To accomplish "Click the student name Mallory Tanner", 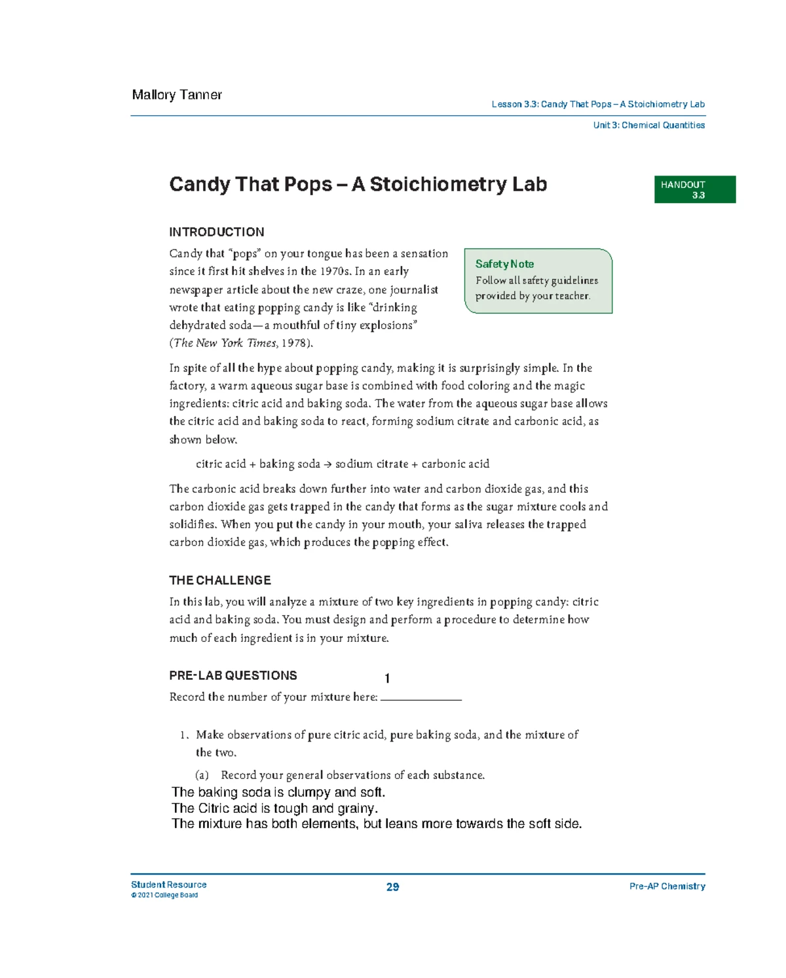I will point(177,95).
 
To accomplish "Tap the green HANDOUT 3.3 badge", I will point(694,189).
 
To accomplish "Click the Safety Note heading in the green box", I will point(504,264).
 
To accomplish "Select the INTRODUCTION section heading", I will point(216,232).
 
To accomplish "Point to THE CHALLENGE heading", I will point(219,580).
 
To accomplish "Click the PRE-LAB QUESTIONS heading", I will point(233,675).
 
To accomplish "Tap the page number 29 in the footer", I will point(392,887).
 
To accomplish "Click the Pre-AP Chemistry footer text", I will point(667,886).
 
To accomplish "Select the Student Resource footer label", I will point(168,884).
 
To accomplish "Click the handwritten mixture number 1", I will point(388,679).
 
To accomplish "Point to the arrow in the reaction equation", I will point(327,464).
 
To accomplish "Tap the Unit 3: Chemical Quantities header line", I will point(648,125).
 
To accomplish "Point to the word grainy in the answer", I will point(357,808).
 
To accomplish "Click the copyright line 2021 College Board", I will point(164,895).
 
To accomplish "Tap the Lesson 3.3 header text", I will point(597,104).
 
